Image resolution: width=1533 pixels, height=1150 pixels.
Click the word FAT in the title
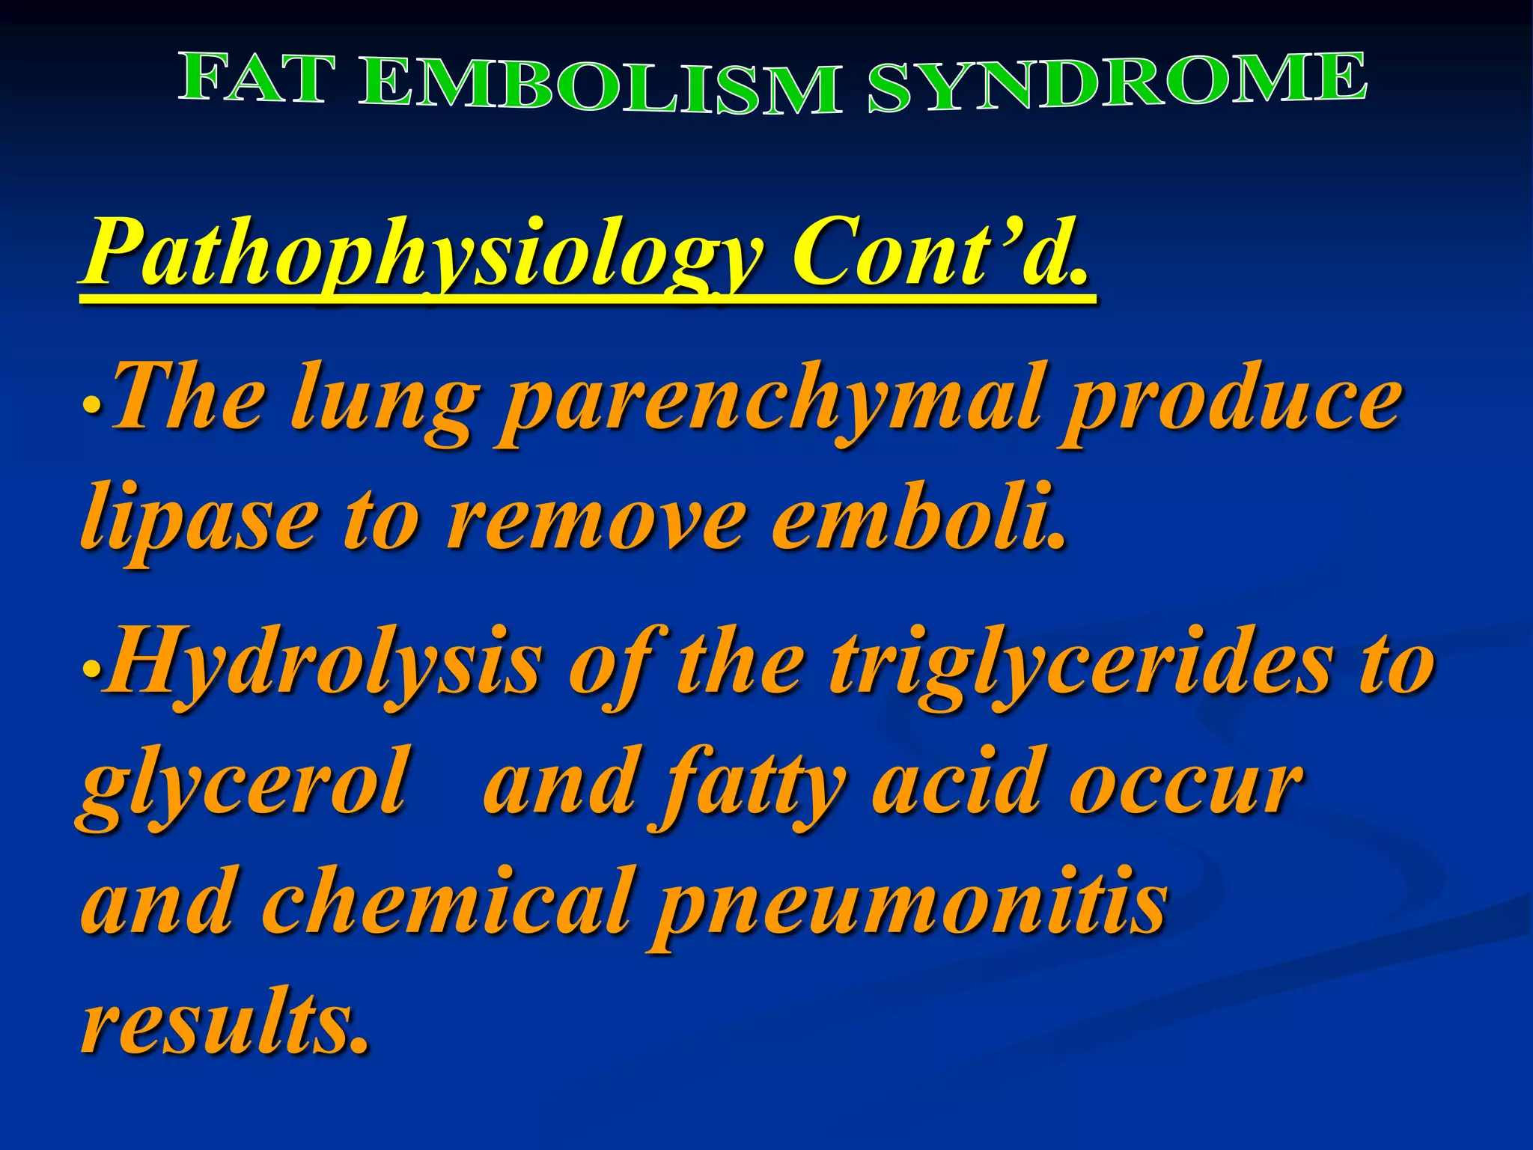tap(253, 79)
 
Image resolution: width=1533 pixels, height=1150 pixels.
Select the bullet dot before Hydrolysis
tap(91, 668)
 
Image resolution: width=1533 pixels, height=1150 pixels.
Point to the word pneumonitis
tap(909, 906)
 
